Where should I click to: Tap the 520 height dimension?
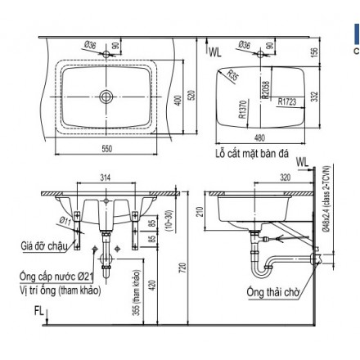pos(191,96)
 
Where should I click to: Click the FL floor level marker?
pos(38,312)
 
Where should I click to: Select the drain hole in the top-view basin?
pos(106,97)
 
